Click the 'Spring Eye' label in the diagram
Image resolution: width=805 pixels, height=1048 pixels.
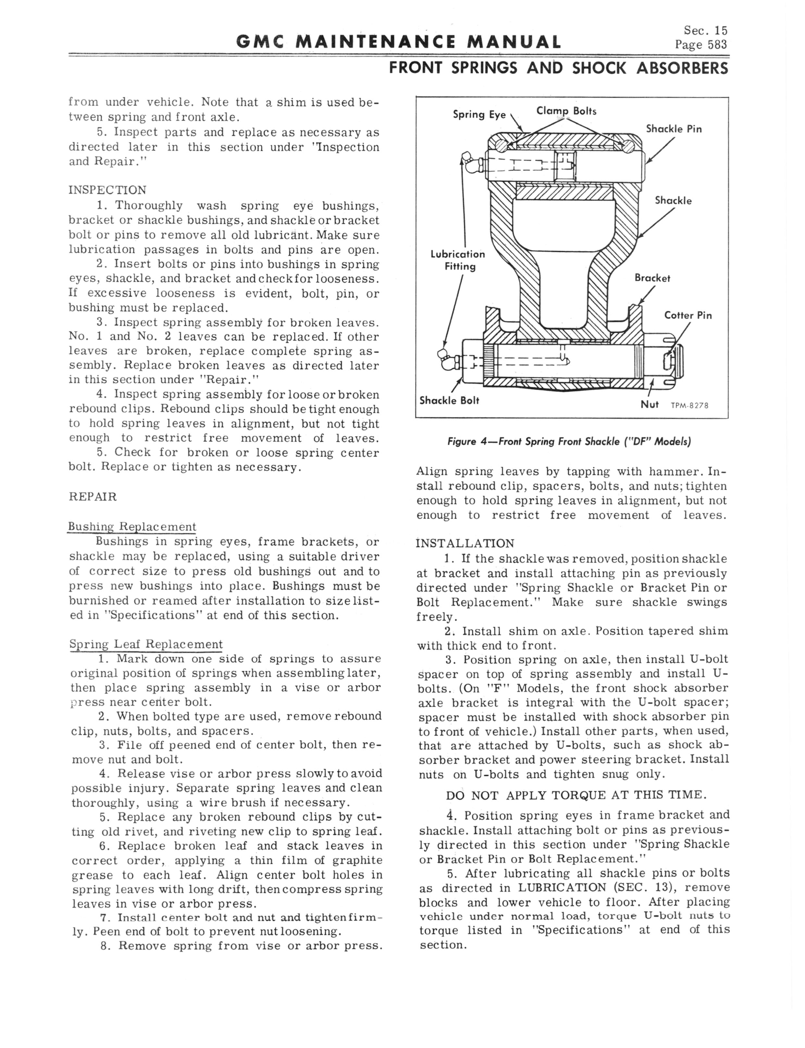pyautogui.click(x=479, y=115)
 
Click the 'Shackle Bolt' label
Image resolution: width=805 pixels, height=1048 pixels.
pyautogui.click(x=449, y=401)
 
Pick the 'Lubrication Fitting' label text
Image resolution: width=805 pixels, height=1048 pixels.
pyautogui.click(x=458, y=260)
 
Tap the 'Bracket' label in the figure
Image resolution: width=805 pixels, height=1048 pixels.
pyautogui.click(x=652, y=278)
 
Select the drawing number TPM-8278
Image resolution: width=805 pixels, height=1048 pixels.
pyautogui.click(x=689, y=406)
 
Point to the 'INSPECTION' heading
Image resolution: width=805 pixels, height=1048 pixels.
pyautogui.click(x=107, y=190)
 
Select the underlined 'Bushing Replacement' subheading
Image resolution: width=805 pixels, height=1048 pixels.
pyautogui.click(x=132, y=527)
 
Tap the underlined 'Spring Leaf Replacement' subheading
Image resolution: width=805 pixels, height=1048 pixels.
pyautogui.click(x=146, y=644)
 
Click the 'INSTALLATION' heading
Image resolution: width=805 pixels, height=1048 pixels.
pyautogui.click(x=465, y=543)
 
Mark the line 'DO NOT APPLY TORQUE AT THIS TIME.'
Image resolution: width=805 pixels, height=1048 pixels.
pyautogui.click(x=576, y=795)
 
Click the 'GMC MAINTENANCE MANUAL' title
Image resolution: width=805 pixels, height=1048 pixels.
pyautogui.click(x=399, y=42)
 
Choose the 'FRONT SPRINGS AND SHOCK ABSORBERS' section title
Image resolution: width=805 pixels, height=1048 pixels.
pyautogui.click(x=558, y=68)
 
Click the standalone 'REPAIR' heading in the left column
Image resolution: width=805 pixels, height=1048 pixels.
pyautogui.click(x=93, y=497)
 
